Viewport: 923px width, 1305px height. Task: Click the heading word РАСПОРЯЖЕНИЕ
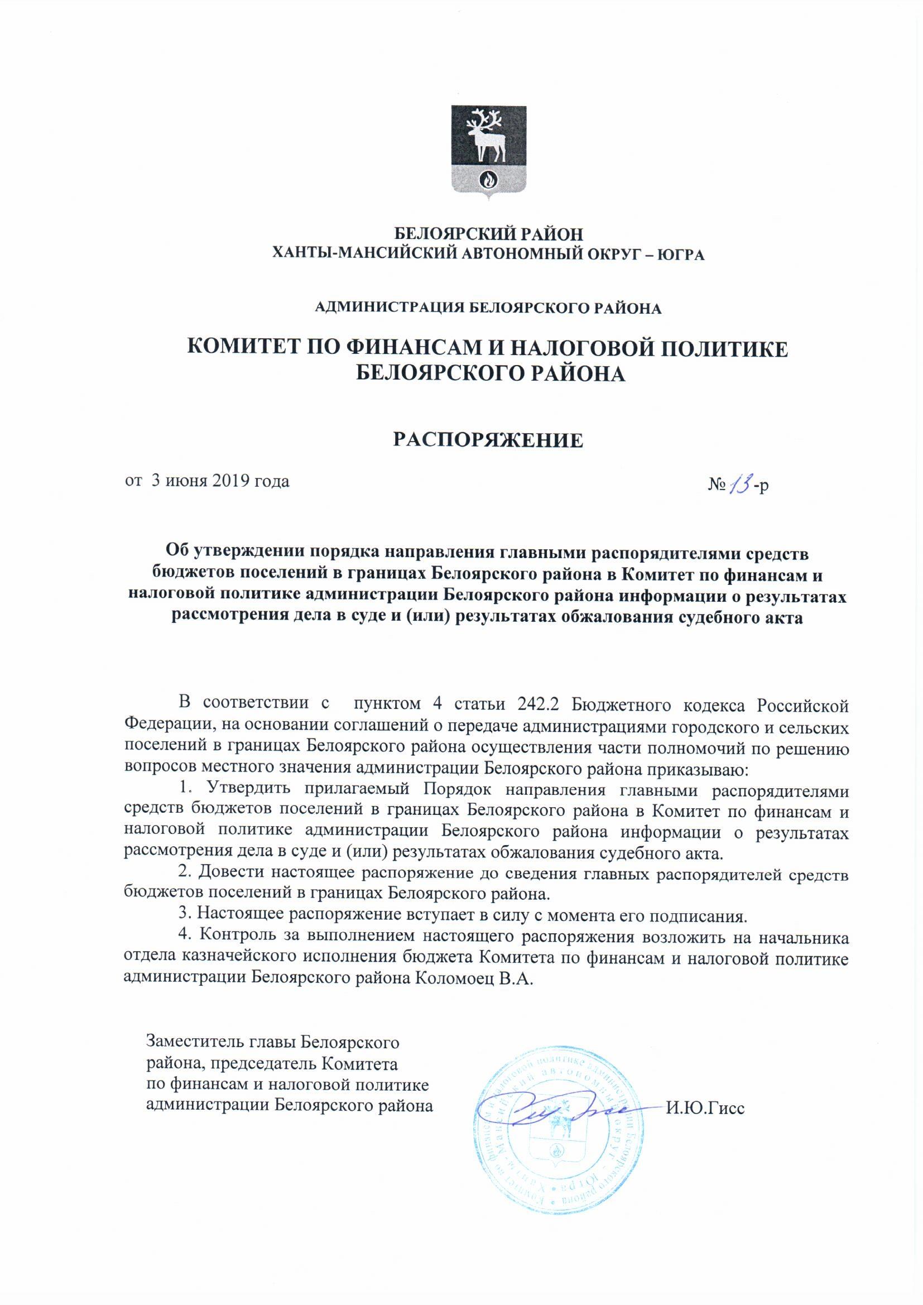488,441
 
